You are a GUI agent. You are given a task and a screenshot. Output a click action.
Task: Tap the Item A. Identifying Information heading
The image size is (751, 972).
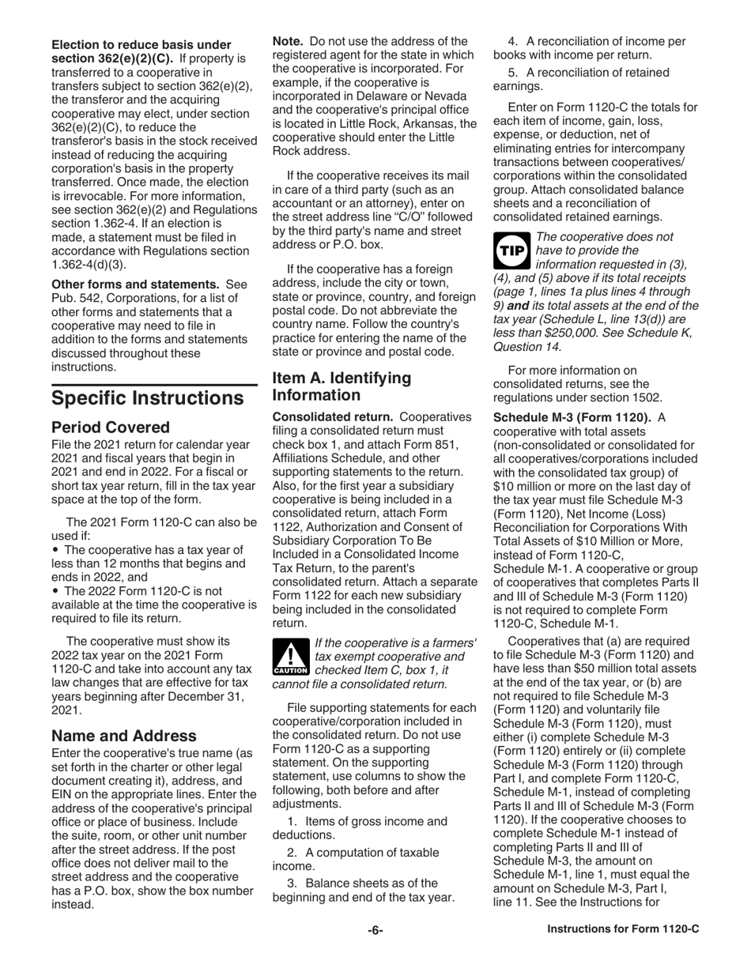pyautogui.click(x=342, y=386)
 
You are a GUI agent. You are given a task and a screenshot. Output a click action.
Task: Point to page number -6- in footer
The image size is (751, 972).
pyautogui.click(x=375, y=930)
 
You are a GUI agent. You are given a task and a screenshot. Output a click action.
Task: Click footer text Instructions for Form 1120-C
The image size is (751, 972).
pyautogui.click(x=623, y=930)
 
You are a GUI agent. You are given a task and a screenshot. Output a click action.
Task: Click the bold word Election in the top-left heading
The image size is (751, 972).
pyautogui.click(x=77, y=44)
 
